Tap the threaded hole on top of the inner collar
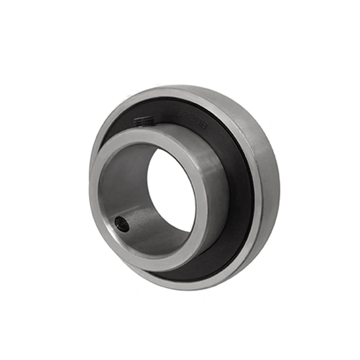pyautogui.click(x=143, y=121)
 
